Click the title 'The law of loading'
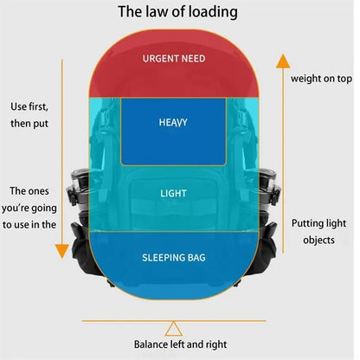point(177,12)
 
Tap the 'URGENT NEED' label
point(174,59)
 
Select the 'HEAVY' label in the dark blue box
point(173,122)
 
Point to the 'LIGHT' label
point(173,193)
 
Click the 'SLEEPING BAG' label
point(174,258)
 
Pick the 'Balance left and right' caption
point(180,344)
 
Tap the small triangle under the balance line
point(174,329)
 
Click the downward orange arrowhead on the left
point(61,251)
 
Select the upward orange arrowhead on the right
point(283,61)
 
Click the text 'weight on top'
point(321,79)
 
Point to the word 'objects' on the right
point(318,240)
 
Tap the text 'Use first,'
point(29,106)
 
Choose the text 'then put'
point(29,124)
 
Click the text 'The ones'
point(29,191)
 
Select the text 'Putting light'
point(318,223)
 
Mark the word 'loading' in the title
point(213,12)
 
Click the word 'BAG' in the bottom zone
point(196,258)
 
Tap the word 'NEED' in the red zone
point(193,59)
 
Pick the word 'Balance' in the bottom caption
point(151,344)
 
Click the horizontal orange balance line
point(174,321)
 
